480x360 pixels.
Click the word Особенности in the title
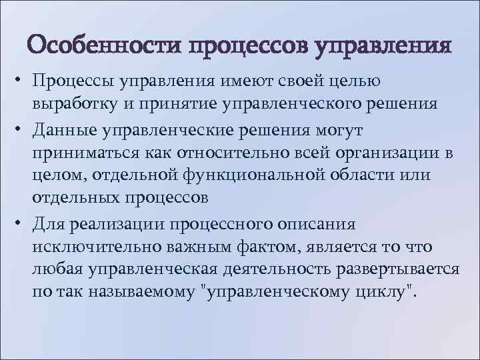pyautogui.click(x=106, y=47)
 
